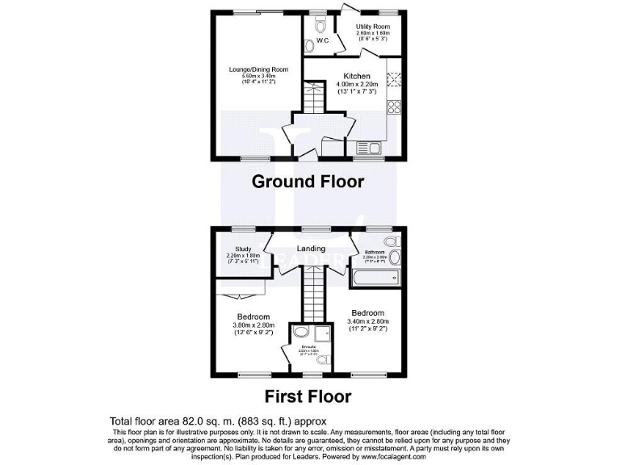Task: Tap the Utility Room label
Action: [x=373, y=27]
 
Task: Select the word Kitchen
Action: [x=357, y=76]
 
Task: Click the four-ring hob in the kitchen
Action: [x=396, y=105]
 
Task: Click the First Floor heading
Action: [x=308, y=396]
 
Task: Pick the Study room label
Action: [x=243, y=249]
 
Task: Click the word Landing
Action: [x=311, y=249]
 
